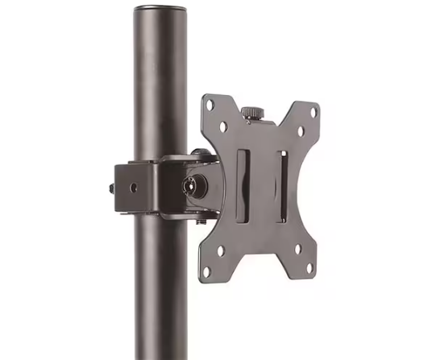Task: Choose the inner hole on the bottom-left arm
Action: click(222, 250)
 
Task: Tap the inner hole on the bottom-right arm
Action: click(297, 247)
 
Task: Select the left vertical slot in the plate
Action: click(243, 185)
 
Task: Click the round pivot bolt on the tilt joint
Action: click(196, 186)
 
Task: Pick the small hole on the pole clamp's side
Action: click(134, 186)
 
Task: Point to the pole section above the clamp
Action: click(161, 89)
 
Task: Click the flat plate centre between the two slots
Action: click(261, 185)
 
